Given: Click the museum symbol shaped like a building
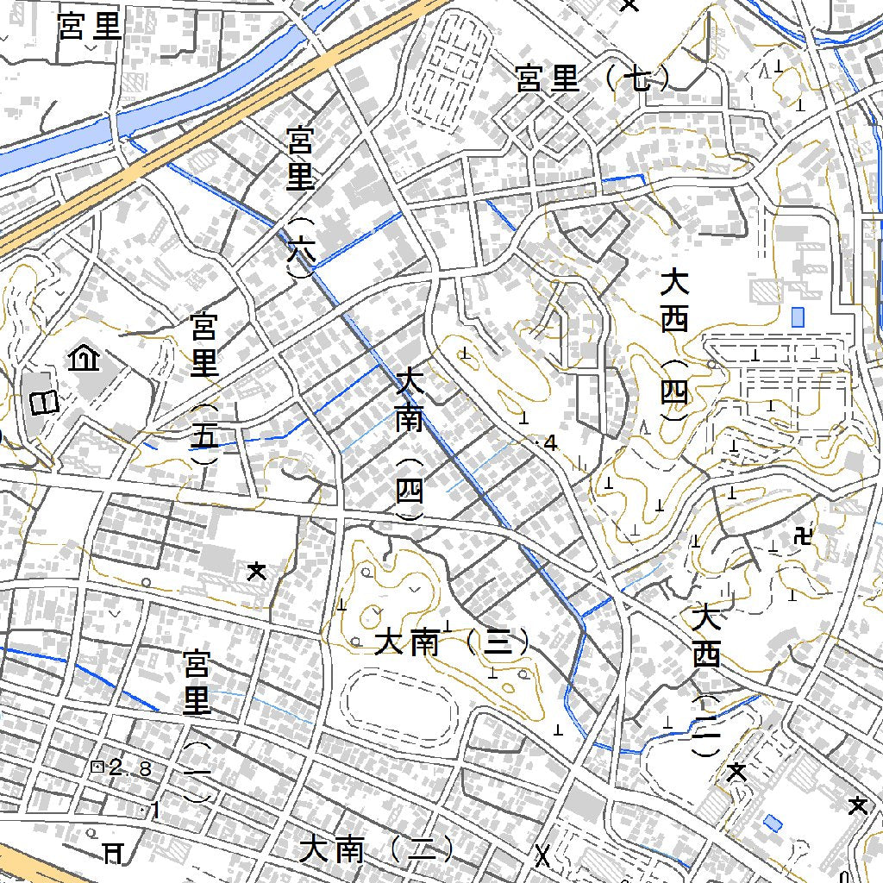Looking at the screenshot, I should pyautogui.click(x=84, y=356).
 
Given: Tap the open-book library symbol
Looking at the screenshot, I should pyautogui.click(x=44, y=402).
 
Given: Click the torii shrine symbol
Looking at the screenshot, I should pyautogui.click(x=112, y=853).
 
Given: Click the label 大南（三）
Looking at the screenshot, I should pyautogui.click(x=451, y=642).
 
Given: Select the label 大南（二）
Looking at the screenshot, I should pyautogui.click(x=377, y=851).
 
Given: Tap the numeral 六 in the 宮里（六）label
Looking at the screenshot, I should pyautogui.click(x=299, y=249).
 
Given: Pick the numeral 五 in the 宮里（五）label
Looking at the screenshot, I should pyautogui.click(x=204, y=436).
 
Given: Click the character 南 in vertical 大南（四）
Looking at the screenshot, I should pyautogui.click(x=410, y=420).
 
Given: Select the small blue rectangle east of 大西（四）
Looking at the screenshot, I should pyautogui.click(x=798, y=316).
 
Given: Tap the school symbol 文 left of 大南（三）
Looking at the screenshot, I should pyautogui.click(x=256, y=570).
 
